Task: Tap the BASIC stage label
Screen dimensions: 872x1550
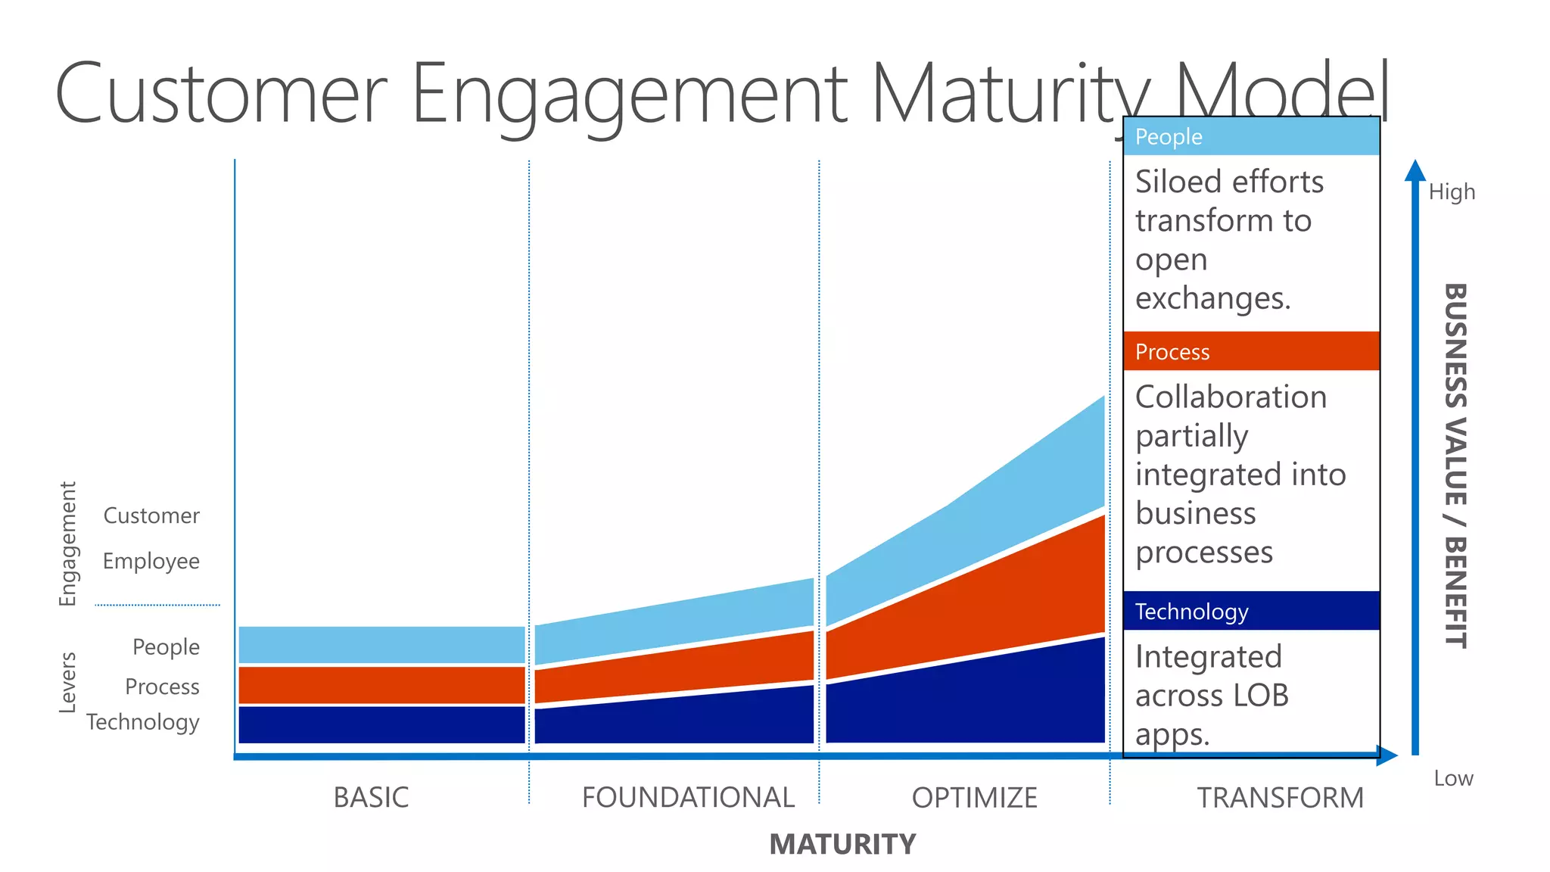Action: (371, 797)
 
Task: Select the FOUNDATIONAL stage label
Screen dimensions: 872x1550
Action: (687, 797)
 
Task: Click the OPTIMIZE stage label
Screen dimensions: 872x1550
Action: (974, 797)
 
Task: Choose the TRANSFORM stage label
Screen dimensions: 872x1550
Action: (1280, 797)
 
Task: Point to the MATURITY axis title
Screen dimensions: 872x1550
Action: (842, 844)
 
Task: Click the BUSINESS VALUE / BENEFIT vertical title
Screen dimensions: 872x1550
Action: (1455, 466)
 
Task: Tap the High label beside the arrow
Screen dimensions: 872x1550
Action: (1452, 192)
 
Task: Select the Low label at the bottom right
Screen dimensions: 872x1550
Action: (1453, 778)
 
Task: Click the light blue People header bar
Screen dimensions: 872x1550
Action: (1251, 137)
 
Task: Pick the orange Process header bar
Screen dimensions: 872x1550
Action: (1251, 351)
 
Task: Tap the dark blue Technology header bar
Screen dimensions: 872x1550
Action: (1251, 611)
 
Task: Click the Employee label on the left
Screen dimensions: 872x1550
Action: (151, 562)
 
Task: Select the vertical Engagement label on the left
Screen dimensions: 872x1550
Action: (68, 543)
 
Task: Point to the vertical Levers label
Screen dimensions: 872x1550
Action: (68, 682)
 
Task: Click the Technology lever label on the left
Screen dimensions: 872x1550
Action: (143, 722)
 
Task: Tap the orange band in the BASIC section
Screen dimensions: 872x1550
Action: (381, 685)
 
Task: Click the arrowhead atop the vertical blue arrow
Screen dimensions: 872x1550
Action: (1415, 171)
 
